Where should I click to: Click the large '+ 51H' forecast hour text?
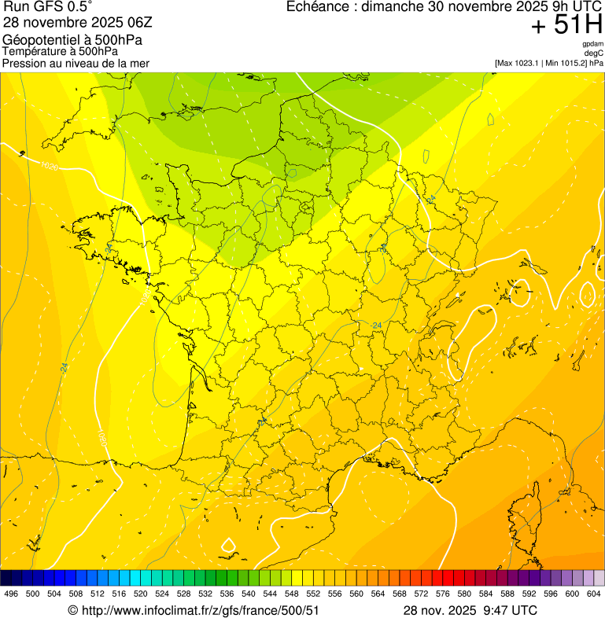566,26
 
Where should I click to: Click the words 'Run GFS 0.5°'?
47,7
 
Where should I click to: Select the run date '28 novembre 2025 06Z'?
70,22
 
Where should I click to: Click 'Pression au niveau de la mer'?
76,63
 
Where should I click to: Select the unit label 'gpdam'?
593,44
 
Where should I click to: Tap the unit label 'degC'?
595,53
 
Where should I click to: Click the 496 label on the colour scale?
11,594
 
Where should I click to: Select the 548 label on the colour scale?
291,594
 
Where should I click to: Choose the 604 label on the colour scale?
594,594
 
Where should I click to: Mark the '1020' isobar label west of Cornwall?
49,165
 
